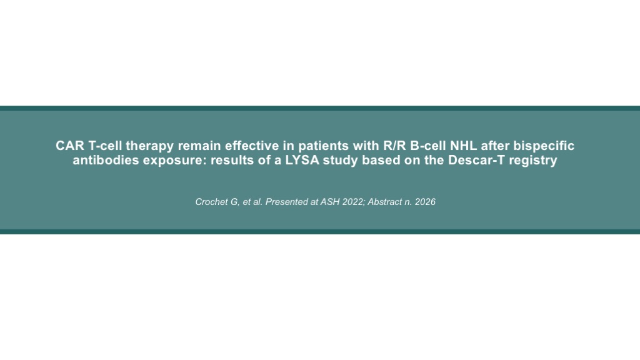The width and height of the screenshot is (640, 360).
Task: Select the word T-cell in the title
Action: [105, 146]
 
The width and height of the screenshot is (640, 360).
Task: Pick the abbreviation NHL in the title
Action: [463, 146]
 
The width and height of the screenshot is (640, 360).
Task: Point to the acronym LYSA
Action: [302, 160]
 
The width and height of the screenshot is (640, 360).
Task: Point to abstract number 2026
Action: [425, 202]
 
